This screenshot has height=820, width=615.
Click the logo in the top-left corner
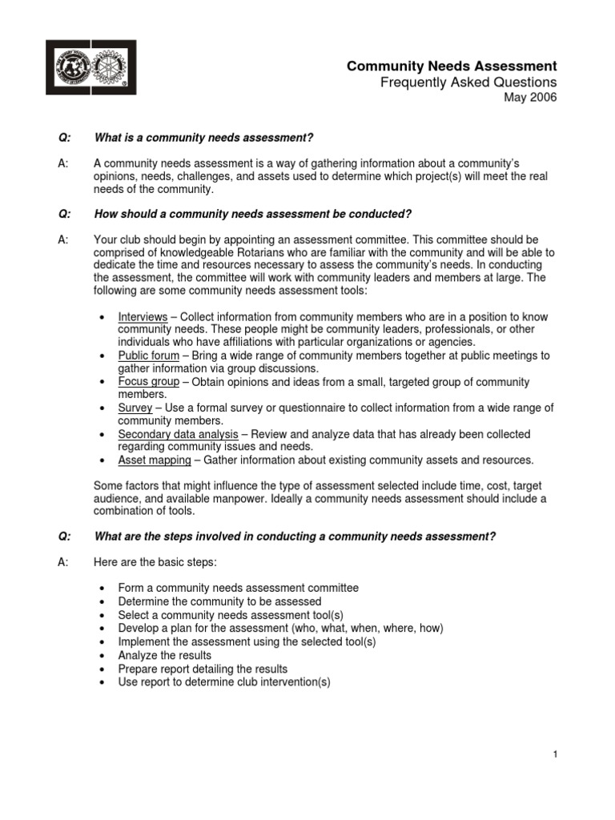tap(90, 67)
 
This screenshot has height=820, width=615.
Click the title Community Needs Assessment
tap(451, 66)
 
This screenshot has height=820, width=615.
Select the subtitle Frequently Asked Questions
tap(468, 82)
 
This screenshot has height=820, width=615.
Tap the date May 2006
tap(529, 98)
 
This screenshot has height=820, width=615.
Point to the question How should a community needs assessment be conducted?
tap(253, 214)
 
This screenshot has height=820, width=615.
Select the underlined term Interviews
tap(143, 317)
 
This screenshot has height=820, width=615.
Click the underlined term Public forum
tap(148, 356)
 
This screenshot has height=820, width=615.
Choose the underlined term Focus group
tap(148, 382)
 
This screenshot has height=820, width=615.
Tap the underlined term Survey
tap(135, 408)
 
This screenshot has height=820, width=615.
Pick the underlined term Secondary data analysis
tap(178, 434)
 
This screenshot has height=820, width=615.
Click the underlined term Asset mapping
tap(155, 460)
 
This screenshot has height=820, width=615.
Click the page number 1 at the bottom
tap(554, 754)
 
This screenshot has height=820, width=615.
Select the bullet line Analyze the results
tap(164, 655)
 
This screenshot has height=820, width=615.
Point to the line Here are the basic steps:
tap(150, 562)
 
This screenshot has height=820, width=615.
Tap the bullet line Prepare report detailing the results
tap(203, 669)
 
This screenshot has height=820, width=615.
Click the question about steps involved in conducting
tap(295, 536)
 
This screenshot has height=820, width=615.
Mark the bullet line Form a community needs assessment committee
tap(238, 588)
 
